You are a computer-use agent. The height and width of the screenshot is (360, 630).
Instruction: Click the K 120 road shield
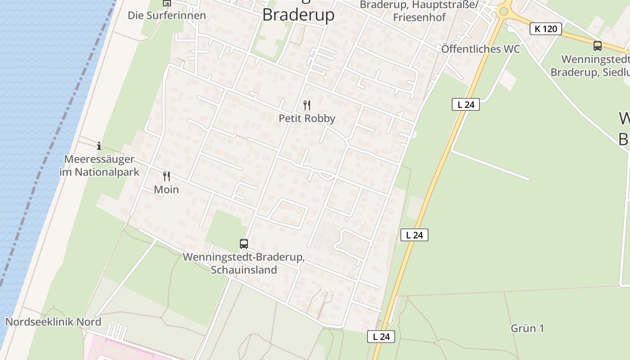coord(546,29)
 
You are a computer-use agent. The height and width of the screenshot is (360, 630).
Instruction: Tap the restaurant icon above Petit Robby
coord(307,105)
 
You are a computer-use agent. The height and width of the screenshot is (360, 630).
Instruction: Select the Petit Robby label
coord(307,118)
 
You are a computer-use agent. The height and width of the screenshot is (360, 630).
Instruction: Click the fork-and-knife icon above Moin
coord(166,176)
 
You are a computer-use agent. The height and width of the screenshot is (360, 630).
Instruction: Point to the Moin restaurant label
coord(166,189)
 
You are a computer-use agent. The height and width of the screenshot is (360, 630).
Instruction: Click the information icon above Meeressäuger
coord(99,146)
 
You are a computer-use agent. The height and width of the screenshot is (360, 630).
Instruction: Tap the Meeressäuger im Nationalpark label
coord(99,165)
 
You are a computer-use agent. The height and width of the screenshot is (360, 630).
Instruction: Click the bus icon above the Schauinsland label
coord(244,244)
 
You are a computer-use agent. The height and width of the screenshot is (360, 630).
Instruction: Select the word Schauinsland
coord(244,270)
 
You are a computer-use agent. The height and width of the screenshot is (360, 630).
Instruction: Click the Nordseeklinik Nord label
coord(53,322)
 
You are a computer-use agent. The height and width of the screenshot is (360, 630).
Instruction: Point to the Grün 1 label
coord(527,328)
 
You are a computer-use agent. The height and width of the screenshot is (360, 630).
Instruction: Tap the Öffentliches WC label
coord(481,49)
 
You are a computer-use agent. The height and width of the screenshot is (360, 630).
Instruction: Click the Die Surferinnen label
coord(167,15)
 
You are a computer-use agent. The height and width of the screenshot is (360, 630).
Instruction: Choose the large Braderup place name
coord(298,15)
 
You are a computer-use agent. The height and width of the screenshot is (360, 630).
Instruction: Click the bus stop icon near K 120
coord(598,45)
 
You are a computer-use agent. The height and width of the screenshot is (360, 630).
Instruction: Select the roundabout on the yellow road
coord(504,11)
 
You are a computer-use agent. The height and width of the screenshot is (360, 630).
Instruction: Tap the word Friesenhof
coord(419,18)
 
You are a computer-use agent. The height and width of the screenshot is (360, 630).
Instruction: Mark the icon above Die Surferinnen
coord(167,3)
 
